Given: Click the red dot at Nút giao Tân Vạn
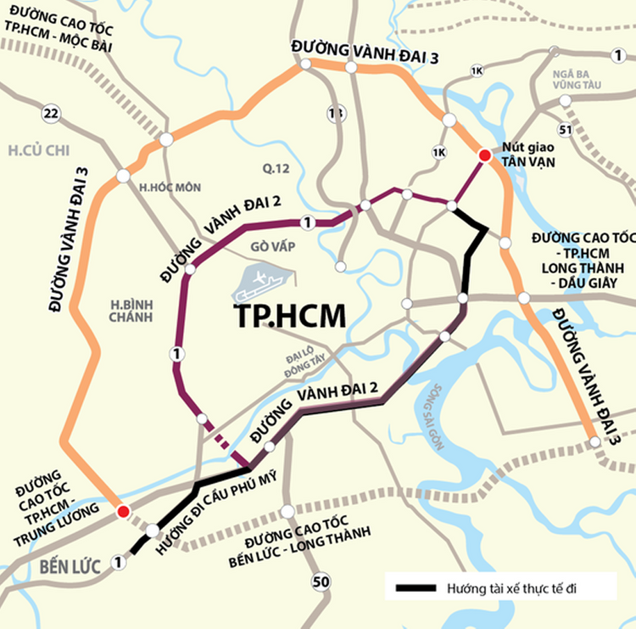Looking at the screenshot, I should point(484,155).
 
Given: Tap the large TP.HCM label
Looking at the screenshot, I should point(290,315).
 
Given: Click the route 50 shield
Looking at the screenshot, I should point(320,581).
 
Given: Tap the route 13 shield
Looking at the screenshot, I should point(337,114).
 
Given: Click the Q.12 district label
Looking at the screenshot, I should point(276,169).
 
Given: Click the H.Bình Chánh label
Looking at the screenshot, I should point(130,310).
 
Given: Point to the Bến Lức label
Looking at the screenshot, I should point(62,566).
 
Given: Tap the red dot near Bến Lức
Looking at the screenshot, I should point(123,510).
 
